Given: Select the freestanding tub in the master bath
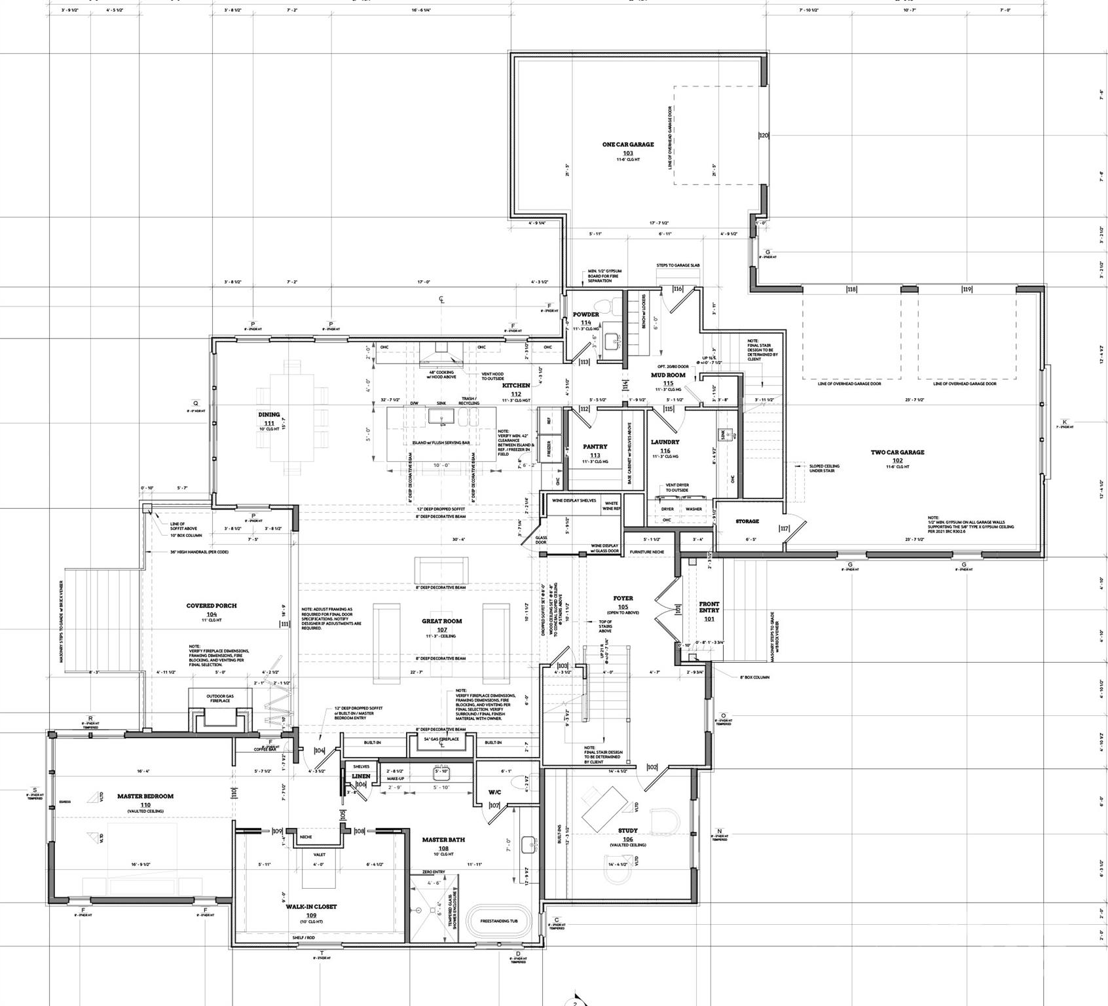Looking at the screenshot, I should click(498, 921).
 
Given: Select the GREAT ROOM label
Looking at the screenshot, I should click(441, 621).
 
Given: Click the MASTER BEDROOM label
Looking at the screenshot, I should click(145, 796).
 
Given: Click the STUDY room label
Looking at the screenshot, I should click(627, 830).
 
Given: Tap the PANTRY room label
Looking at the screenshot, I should click(595, 447).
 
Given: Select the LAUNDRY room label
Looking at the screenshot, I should click(665, 442).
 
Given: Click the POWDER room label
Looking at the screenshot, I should click(585, 314).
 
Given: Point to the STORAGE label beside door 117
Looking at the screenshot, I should click(747, 521).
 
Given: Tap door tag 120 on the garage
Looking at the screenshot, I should click(763, 136).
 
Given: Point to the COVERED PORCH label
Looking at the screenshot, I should click(211, 606).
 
